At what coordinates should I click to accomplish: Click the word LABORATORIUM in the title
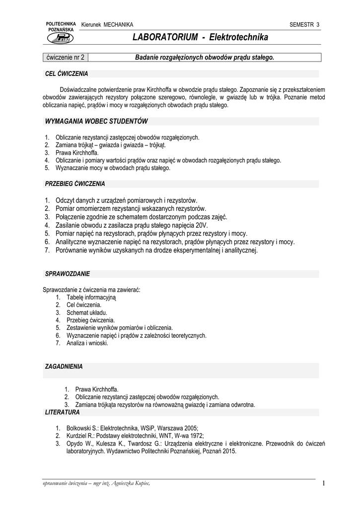[x=164, y=38]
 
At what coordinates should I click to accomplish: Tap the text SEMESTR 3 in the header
[x=304, y=25]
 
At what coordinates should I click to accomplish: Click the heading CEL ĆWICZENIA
[x=67, y=74]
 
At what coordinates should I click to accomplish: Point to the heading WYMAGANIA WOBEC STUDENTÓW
[x=96, y=121]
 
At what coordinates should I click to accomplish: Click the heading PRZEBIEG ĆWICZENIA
[x=75, y=184]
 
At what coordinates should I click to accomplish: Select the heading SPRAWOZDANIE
[x=68, y=273]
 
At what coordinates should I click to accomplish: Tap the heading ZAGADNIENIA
[x=64, y=367]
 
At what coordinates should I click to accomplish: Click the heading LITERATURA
[x=62, y=412]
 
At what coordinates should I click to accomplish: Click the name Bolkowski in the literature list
[x=70, y=428]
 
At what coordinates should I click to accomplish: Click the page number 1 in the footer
[x=323, y=484]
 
